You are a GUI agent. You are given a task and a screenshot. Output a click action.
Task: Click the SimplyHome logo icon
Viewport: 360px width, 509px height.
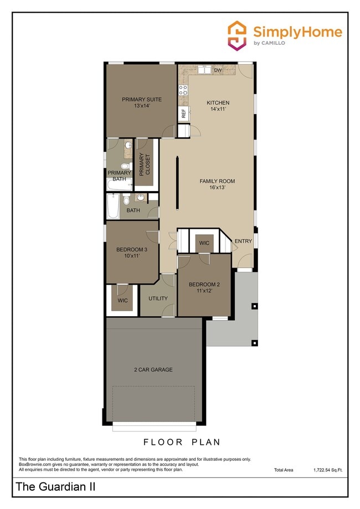click(238, 36)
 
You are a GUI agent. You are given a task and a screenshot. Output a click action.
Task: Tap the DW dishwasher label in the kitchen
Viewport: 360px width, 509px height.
click(218, 70)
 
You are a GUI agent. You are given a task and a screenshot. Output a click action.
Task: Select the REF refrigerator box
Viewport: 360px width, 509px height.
click(183, 114)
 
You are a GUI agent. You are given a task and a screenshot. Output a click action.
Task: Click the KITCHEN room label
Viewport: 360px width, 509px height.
click(218, 102)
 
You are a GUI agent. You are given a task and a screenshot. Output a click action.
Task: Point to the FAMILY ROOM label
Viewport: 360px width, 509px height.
click(218, 181)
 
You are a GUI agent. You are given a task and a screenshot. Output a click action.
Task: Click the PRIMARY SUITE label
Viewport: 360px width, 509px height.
click(142, 99)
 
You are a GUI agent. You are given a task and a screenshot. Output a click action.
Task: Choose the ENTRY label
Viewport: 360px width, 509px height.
click(243, 241)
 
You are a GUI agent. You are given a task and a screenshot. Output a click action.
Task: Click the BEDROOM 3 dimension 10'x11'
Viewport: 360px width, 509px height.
click(131, 256)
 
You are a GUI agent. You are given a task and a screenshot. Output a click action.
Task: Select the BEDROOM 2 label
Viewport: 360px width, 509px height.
click(204, 285)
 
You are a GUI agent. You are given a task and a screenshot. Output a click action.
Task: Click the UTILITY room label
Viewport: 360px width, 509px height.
click(158, 299)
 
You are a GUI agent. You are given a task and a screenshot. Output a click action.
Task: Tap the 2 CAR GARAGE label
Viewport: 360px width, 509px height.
click(153, 369)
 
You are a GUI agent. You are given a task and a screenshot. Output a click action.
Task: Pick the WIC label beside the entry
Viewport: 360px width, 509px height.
click(204, 243)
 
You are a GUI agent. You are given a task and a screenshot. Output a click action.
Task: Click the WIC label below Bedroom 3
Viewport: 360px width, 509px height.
click(122, 300)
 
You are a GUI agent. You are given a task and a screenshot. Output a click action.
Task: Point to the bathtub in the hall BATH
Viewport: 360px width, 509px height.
click(112, 207)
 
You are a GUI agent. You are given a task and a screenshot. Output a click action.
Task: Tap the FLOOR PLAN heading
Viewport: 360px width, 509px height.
click(182, 442)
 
